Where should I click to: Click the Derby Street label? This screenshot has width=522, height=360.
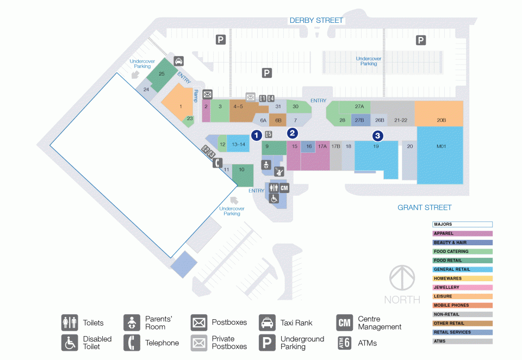click(316, 20)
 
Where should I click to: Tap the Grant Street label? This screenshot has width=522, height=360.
click(425, 208)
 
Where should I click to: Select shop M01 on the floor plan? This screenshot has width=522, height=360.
click(440, 155)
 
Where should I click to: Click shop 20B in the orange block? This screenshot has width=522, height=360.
click(439, 113)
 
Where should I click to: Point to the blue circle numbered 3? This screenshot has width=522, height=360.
click(377, 135)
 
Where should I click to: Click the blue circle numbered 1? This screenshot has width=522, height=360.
click(256, 135)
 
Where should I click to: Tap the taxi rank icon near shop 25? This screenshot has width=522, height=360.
click(179, 61)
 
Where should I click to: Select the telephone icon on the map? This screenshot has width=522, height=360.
click(217, 163)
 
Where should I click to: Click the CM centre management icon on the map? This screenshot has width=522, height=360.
click(284, 188)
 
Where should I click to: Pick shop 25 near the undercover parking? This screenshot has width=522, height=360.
click(162, 75)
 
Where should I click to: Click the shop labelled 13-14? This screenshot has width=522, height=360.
click(238, 144)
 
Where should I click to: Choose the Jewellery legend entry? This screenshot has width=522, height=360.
click(462, 287)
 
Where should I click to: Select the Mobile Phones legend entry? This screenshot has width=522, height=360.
click(462, 306)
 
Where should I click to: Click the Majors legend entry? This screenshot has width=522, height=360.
click(462, 225)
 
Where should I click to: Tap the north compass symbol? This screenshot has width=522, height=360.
click(402, 278)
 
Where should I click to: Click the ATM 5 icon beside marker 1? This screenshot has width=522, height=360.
click(269, 134)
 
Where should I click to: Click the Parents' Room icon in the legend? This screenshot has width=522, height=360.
click(132, 322)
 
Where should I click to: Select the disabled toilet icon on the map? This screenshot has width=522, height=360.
click(274, 198)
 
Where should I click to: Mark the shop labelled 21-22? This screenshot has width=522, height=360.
click(401, 120)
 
